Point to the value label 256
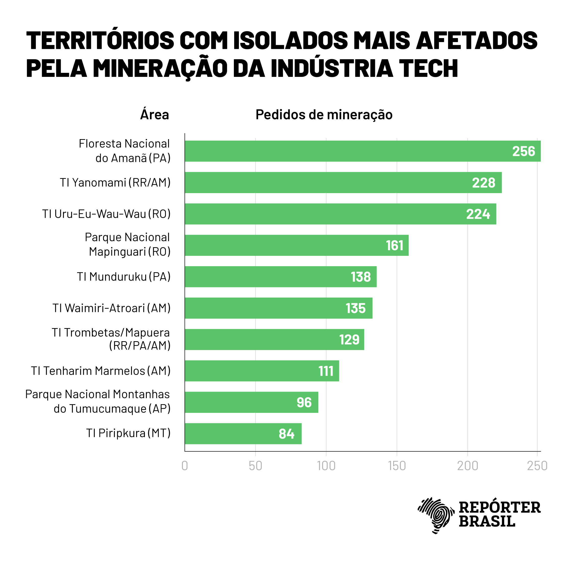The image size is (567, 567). (x=524, y=151)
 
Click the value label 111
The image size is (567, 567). (x=326, y=371)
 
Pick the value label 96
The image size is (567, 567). (x=304, y=402)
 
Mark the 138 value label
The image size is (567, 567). (x=361, y=277)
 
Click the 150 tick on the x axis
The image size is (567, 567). (x=397, y=466)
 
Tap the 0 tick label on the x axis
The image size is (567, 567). (x=185, y=466)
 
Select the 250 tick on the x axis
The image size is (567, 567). (x=537, y=466)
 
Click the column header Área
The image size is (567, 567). (x=155, y=114)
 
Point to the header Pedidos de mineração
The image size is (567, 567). (x=324, y=114)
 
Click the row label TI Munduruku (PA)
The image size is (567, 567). (x=123, y=276)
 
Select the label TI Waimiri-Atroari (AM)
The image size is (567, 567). (x=112, y=308)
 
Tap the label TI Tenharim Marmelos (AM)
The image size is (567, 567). (x=101, y=371)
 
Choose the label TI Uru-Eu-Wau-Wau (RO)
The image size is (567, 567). (x=106, y=214)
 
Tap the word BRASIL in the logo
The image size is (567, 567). (x=487, y=521)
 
